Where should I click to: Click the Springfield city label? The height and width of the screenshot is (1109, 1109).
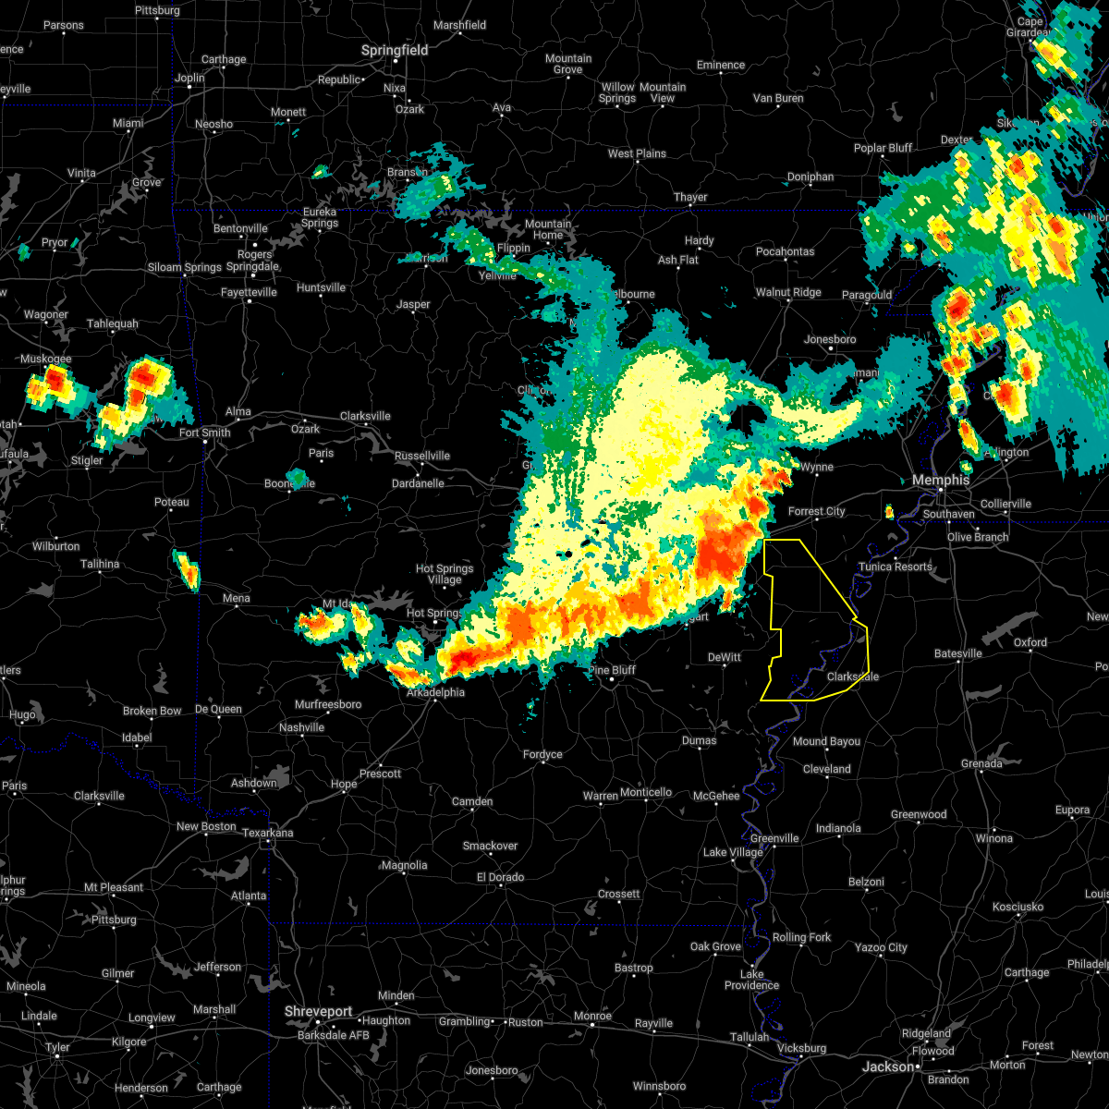(395, 50)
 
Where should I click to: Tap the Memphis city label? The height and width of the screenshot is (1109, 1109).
(941, 480)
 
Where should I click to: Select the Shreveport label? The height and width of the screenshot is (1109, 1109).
(319, 1012)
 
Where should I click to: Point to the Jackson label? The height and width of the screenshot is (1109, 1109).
(888, 1066)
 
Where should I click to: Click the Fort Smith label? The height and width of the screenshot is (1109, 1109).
(204, 433)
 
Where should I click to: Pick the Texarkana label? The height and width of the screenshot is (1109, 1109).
(267, 833)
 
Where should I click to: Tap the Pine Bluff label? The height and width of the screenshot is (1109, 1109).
(612, 670)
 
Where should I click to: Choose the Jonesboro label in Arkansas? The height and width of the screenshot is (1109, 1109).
(830, 339)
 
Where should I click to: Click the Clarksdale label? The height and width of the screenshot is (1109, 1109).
(852, 676)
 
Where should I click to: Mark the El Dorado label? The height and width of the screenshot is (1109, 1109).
(499, 877)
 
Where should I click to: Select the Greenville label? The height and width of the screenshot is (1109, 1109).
(774, 838)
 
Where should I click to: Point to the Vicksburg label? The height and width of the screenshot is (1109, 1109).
(801, 1048)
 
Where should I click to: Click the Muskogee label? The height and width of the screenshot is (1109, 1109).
(45, 359)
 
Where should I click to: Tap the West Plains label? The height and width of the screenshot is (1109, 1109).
(637, 153)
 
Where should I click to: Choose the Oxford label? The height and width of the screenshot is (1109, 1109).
(1030, 642)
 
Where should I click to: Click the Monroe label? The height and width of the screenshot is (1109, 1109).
(592, 1016)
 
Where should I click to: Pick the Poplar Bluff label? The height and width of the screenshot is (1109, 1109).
(883, 148)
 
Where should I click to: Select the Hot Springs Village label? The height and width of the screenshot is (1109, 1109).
(445, 574)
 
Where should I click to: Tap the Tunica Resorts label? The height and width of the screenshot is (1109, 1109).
(896, 567)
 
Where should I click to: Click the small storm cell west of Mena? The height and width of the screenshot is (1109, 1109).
(187, 570)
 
